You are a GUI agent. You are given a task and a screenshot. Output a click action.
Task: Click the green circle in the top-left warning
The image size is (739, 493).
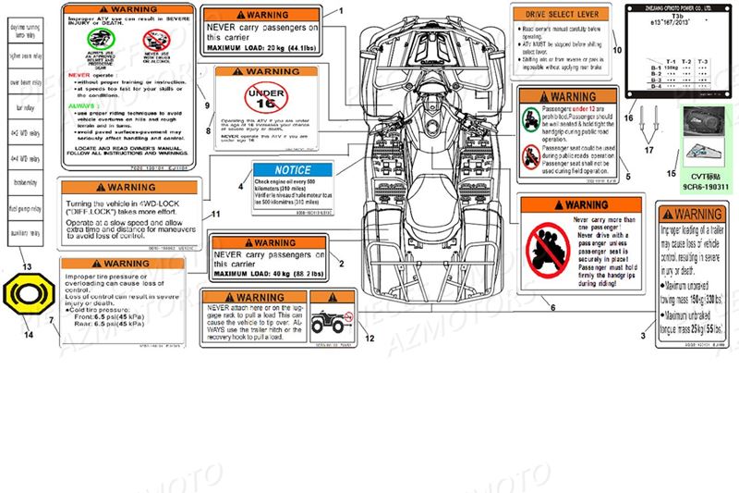coord(98,40)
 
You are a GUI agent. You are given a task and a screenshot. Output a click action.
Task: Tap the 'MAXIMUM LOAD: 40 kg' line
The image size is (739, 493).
coord(268,274)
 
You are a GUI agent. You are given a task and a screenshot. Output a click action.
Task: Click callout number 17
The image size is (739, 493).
coord(648,150)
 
